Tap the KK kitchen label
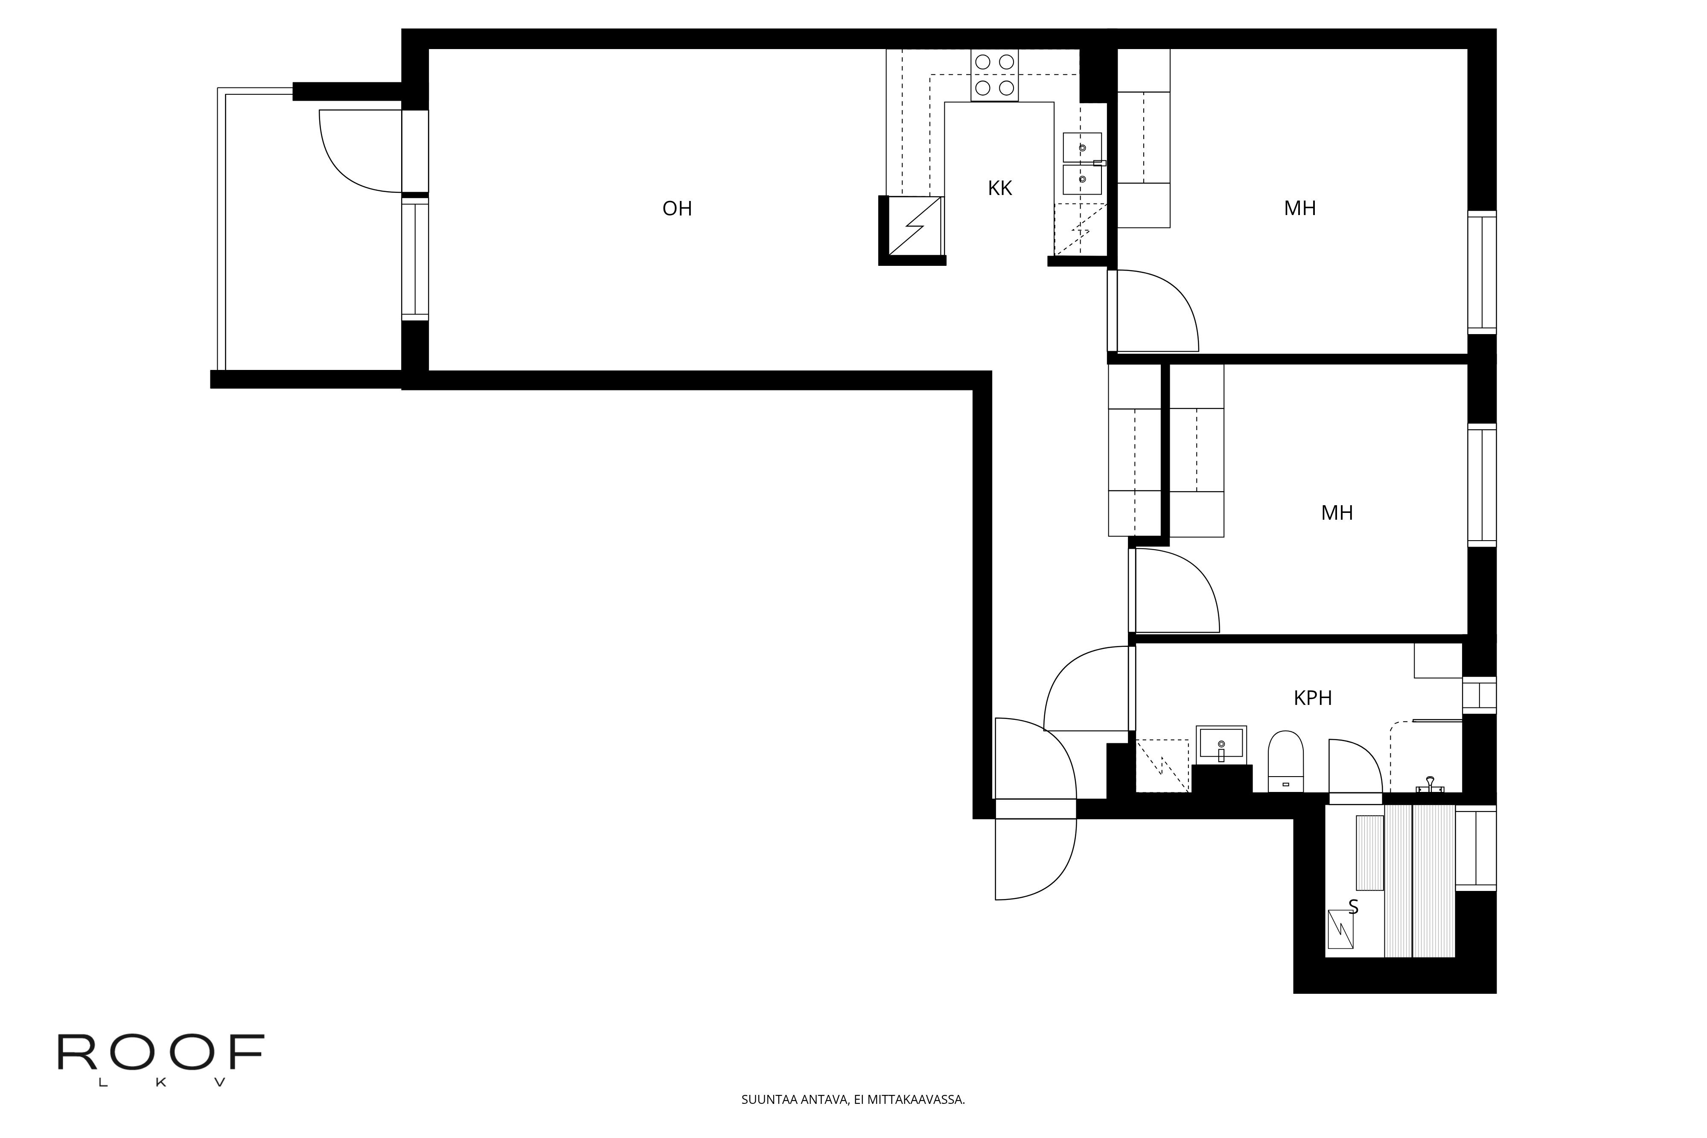999,189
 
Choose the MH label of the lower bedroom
1337,513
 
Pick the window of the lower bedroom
1482,485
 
